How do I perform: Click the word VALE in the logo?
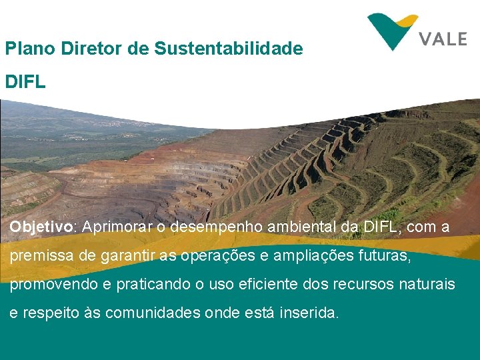click(443, 39)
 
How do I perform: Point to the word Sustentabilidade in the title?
click(229, 49)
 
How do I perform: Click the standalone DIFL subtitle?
click(25, 82)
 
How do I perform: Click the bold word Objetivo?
click(41, 227)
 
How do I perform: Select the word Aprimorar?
click(117, 227)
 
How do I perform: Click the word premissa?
click(41, 256)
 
